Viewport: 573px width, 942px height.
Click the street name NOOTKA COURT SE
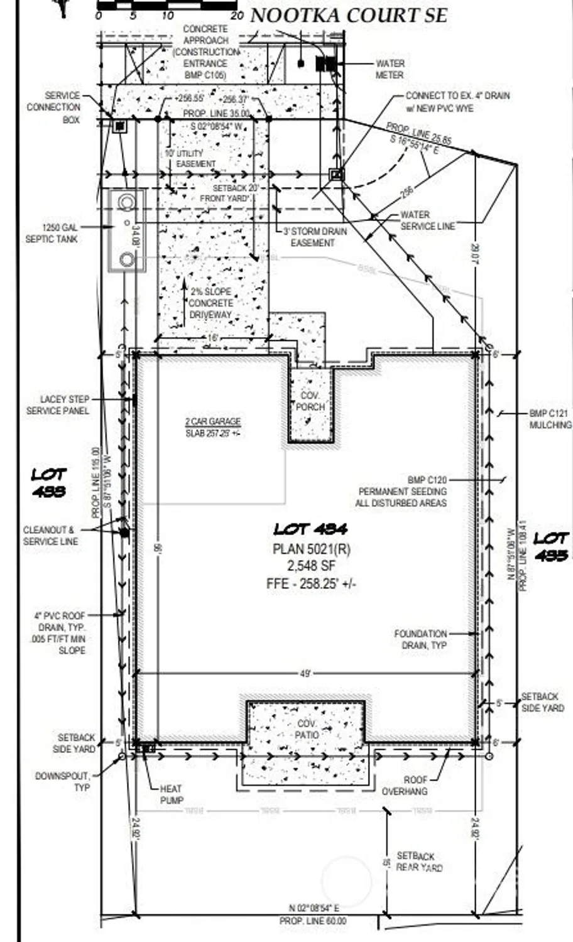tap(349, 15)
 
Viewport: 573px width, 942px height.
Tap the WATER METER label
tap(390, 69)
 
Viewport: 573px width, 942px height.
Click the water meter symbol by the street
tap(326, 63)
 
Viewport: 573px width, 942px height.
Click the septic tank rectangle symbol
tap(127, 230)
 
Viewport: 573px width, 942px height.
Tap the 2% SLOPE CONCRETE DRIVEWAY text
tap(210, 303)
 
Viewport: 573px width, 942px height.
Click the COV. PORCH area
tap(310, 402)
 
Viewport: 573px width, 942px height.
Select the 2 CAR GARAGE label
tap(212, 427)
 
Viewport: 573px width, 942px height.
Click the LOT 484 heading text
tap(310, 529)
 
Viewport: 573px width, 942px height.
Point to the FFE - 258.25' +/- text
tap(311, 583)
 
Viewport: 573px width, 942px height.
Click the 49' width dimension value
tap(305, 674)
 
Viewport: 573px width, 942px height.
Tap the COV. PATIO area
tap(307, 729)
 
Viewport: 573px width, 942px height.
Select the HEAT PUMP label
tap(171, 794)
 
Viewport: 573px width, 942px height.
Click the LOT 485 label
tap(551, 546)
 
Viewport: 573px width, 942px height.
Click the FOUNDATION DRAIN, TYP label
tap(420, 639)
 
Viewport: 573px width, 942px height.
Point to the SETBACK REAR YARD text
tap(419, 862)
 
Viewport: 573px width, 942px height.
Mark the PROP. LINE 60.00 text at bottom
tap(312, 921)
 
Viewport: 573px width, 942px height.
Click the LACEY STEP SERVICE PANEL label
tap(58, 405)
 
